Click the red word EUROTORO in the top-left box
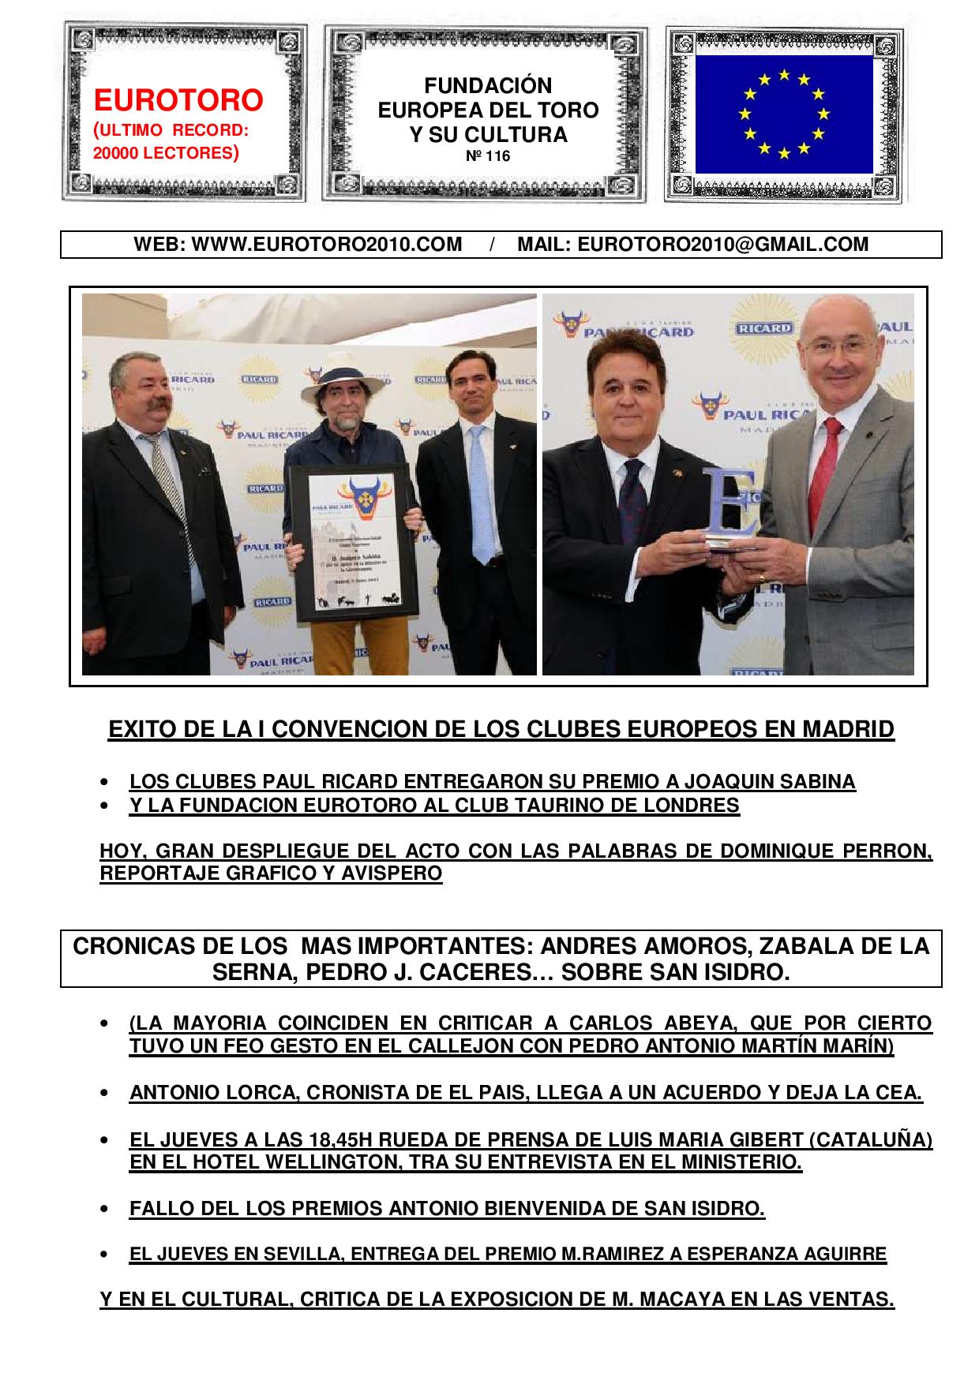click(x=178, y=100)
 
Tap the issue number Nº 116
click(x=488, y=156)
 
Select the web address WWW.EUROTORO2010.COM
click(x=327, y=245)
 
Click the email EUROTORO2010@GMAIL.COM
click(x=722, y=245)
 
